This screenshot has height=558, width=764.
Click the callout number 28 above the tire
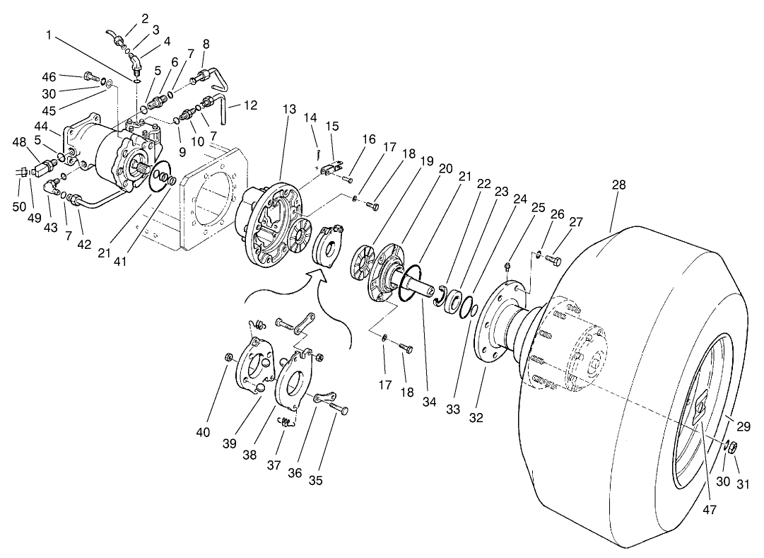click(x=618, y=185)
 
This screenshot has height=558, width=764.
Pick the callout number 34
click(x=430, y=402)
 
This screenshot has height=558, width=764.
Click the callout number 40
click(x=204, y=432)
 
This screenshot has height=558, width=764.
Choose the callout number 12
click(x=251, y=106)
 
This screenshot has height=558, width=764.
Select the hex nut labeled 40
click(x=228, y=355)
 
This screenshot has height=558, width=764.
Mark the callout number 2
click(x=145, y=18)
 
